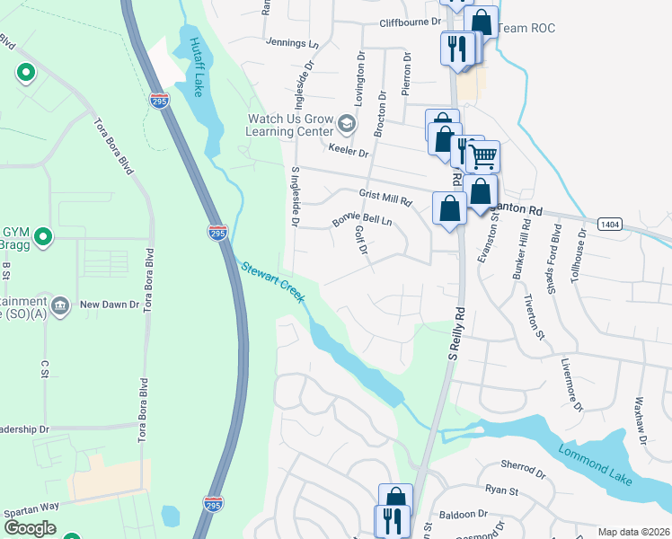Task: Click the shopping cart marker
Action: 484,158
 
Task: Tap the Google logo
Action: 29,528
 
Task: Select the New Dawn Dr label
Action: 109,305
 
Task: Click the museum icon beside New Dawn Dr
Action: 61,305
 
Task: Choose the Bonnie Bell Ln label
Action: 362,220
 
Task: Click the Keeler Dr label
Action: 349,153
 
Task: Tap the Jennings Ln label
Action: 293,42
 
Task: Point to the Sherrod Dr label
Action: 523,470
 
